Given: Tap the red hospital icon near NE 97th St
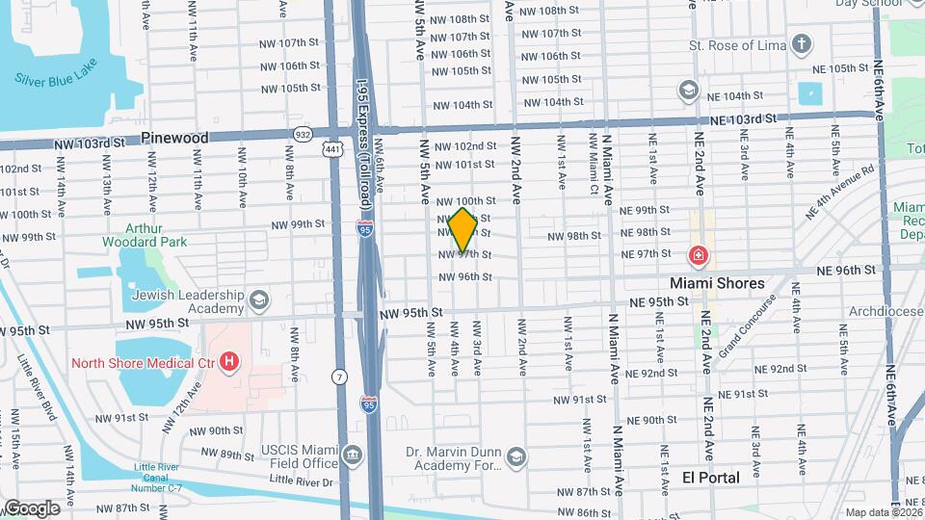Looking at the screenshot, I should [697, 256].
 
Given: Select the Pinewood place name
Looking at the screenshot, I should [174, 138].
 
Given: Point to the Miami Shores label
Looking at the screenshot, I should [718, 283].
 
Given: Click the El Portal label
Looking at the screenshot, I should [711, 478].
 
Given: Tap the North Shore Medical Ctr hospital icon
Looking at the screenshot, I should [229, 362].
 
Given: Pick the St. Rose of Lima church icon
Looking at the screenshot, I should [802, 44].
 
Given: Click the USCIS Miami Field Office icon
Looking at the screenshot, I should [353, 454].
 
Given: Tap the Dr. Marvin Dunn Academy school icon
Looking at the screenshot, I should [515, 456].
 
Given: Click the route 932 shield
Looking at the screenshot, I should [304, 134].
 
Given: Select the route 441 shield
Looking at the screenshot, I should [333, 150].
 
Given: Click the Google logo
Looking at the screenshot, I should [31, 507].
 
